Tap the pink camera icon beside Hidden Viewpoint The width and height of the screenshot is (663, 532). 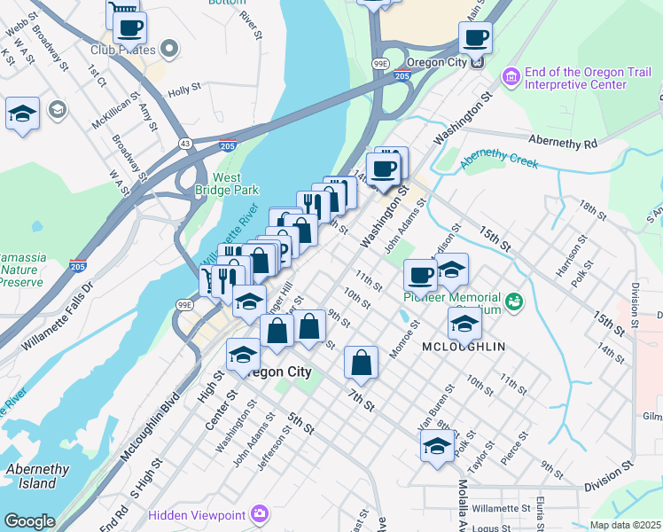[259, 513]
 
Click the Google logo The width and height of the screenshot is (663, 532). [28, 521]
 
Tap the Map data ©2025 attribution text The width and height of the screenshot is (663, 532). [625, 525]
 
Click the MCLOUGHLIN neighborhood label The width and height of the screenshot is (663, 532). [469, 347]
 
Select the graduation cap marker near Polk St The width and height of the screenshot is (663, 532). [436, 447]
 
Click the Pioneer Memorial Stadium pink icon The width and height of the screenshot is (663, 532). [513, 303]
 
